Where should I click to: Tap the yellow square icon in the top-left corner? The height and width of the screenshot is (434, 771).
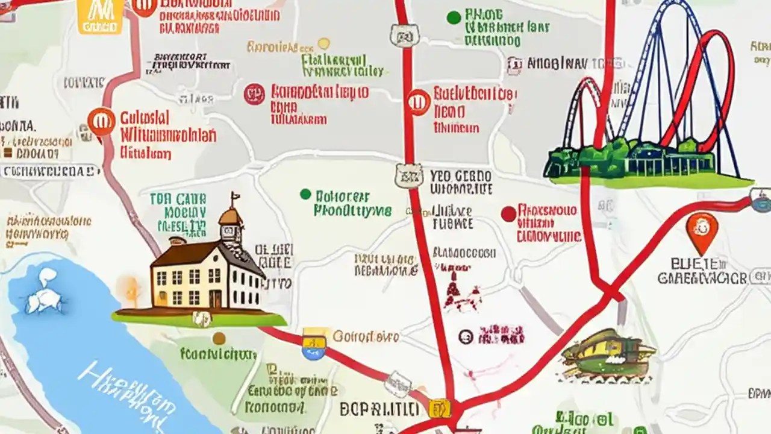[x=99, y=16]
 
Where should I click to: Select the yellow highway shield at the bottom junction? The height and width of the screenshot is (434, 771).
[x=439, y=409]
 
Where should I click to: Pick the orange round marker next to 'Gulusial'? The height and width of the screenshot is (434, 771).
[x=101, y=121]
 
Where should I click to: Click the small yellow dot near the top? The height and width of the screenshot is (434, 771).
[x=324, y=43]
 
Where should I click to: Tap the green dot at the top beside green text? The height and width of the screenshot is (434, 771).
[x=454, y=17]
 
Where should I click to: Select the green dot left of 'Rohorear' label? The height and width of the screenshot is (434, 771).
[x=305, y=194]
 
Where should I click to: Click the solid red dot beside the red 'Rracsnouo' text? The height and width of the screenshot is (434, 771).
[x=508, y=213]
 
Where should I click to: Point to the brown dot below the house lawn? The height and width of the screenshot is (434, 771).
[x=219, y=338]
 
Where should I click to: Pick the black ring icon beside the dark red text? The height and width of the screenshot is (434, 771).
[x=465, y=336]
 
